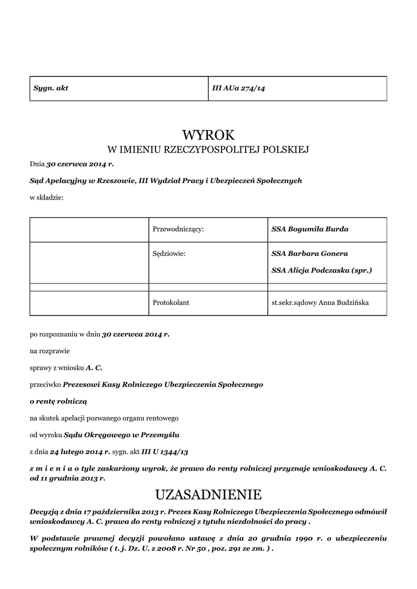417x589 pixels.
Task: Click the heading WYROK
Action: (208, 135)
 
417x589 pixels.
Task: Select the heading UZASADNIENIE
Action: (208, 495)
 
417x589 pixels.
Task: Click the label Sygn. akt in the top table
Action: (51, 88)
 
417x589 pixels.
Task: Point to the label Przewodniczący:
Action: (178, 229)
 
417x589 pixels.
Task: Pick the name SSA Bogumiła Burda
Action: (309, 229)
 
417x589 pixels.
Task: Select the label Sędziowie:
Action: (169, 253)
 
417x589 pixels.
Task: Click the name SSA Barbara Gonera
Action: (309, 253)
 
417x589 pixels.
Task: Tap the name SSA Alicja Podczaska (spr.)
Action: (322, 270)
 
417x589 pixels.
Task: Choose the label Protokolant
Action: (171, 302)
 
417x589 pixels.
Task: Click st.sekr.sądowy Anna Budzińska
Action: (320, 302)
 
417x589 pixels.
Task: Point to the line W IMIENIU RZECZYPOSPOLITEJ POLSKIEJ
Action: (208, 150)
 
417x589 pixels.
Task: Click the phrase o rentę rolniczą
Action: (58, 400)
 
